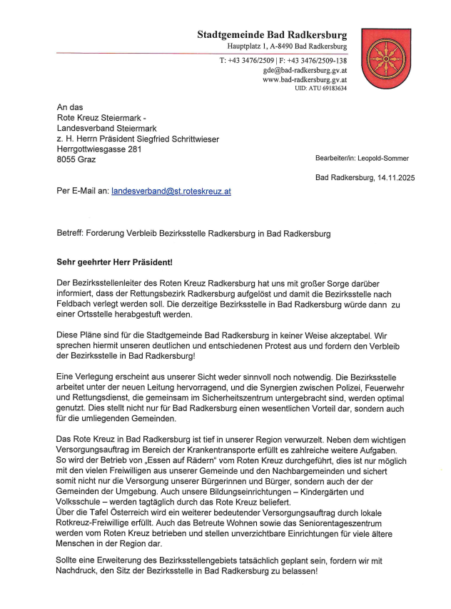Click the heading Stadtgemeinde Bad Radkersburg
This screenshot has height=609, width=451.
click(x=273, y=34)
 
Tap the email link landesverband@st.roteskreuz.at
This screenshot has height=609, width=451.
click(x=171, y=192)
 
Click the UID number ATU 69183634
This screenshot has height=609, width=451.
click(x=328, y=88)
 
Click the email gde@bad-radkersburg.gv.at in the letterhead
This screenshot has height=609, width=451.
click(x=305, y=70)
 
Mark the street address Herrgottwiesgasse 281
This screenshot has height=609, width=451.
click(x=99, y=149)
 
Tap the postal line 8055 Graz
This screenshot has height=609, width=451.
click(x=76, y=159)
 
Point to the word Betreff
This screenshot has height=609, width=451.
click(x=71, y=234)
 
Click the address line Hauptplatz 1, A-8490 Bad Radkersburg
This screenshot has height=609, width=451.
click(x=283, y=46)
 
